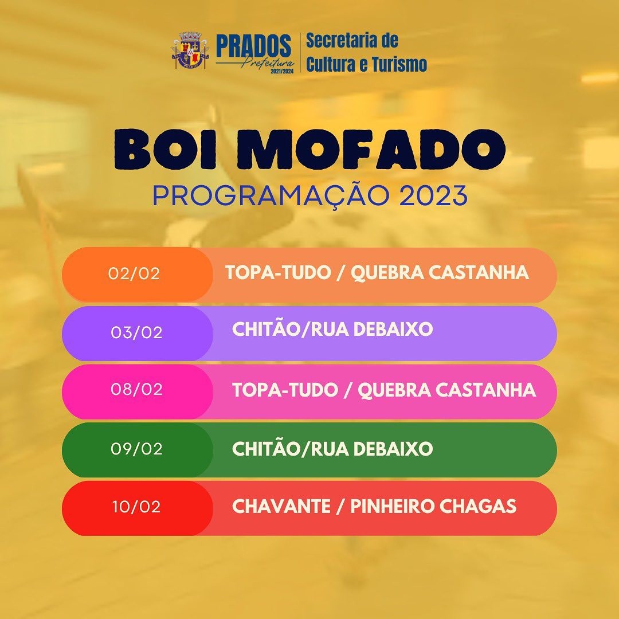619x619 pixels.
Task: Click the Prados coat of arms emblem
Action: click(x=190, y=50)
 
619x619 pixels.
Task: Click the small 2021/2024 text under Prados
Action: click(x=282, y=71)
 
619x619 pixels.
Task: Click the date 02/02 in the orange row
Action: click(x=134, y=273)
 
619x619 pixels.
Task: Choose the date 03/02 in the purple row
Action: click(x=136, y=332)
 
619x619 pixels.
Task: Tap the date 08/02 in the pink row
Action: click(x=136, y=389)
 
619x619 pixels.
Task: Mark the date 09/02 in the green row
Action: click(x=136, y=448)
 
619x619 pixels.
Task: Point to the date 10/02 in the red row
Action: click(x=136, y=507)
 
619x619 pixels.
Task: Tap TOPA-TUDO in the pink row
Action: click(x=285, y=390)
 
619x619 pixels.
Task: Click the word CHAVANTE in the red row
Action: click(x=281, y=507)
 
